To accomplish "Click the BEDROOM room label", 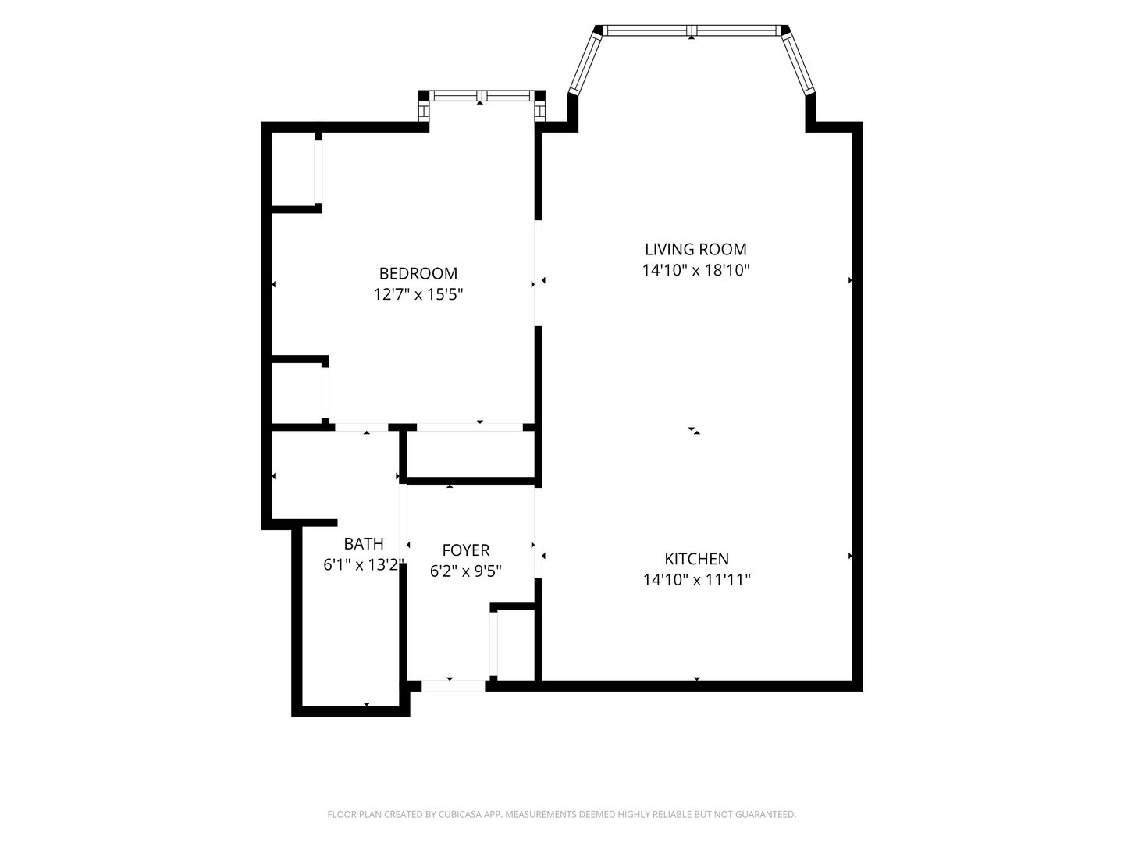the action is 418,273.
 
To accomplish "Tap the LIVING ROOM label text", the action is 695,249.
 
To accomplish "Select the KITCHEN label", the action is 696,558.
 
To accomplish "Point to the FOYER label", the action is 465,550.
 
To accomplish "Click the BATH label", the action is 364,543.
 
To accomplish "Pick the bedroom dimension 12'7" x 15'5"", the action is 418,294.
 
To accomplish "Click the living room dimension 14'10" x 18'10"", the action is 696,270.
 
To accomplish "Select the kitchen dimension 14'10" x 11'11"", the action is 696,579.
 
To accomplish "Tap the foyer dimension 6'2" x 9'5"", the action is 465,571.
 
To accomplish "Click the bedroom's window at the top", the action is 482,96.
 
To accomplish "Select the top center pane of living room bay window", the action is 692,30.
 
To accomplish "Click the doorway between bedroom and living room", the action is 538,273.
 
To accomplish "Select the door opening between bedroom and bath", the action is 361,427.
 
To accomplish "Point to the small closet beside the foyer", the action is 516,645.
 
